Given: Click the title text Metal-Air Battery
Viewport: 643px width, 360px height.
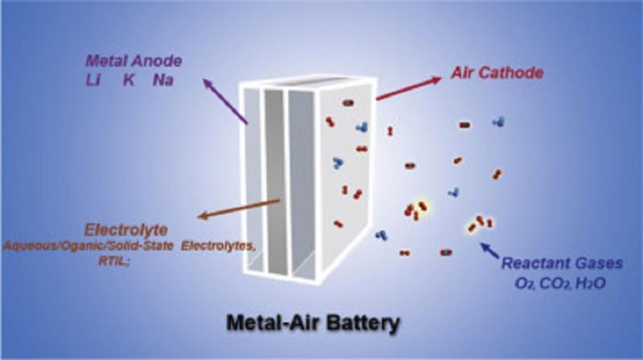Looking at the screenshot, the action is tap(313, 324).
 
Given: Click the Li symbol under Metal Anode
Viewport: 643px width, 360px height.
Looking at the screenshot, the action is tap(93, 80).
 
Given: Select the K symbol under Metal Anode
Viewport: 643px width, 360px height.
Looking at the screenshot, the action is tap(129, 80).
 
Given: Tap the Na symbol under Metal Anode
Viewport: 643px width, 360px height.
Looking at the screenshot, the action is tap(163, 80).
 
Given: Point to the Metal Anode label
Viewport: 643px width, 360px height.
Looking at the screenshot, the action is tap(133, 61).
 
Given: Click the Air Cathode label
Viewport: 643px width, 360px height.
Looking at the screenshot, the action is tap(498, 73).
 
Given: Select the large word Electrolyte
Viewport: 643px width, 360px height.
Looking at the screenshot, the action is tap(126, 230).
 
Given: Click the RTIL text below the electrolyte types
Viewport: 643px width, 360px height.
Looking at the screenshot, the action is tap(113, 261).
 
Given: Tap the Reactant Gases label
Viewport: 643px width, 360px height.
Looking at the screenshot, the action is tap(563, 264).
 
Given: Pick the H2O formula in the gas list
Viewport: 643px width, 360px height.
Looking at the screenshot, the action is tap(591, 284).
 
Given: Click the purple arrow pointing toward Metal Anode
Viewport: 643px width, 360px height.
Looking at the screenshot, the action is tap(226, 101).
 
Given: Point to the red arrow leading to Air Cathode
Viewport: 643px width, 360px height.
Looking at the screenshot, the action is tap(409, 88).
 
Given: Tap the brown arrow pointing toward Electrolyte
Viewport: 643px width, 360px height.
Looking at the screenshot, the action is tap(239, 209).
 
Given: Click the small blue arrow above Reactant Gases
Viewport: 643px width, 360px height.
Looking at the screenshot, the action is tap(489, 250).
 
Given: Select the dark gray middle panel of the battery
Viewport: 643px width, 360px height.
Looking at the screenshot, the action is tap(275, 181).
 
